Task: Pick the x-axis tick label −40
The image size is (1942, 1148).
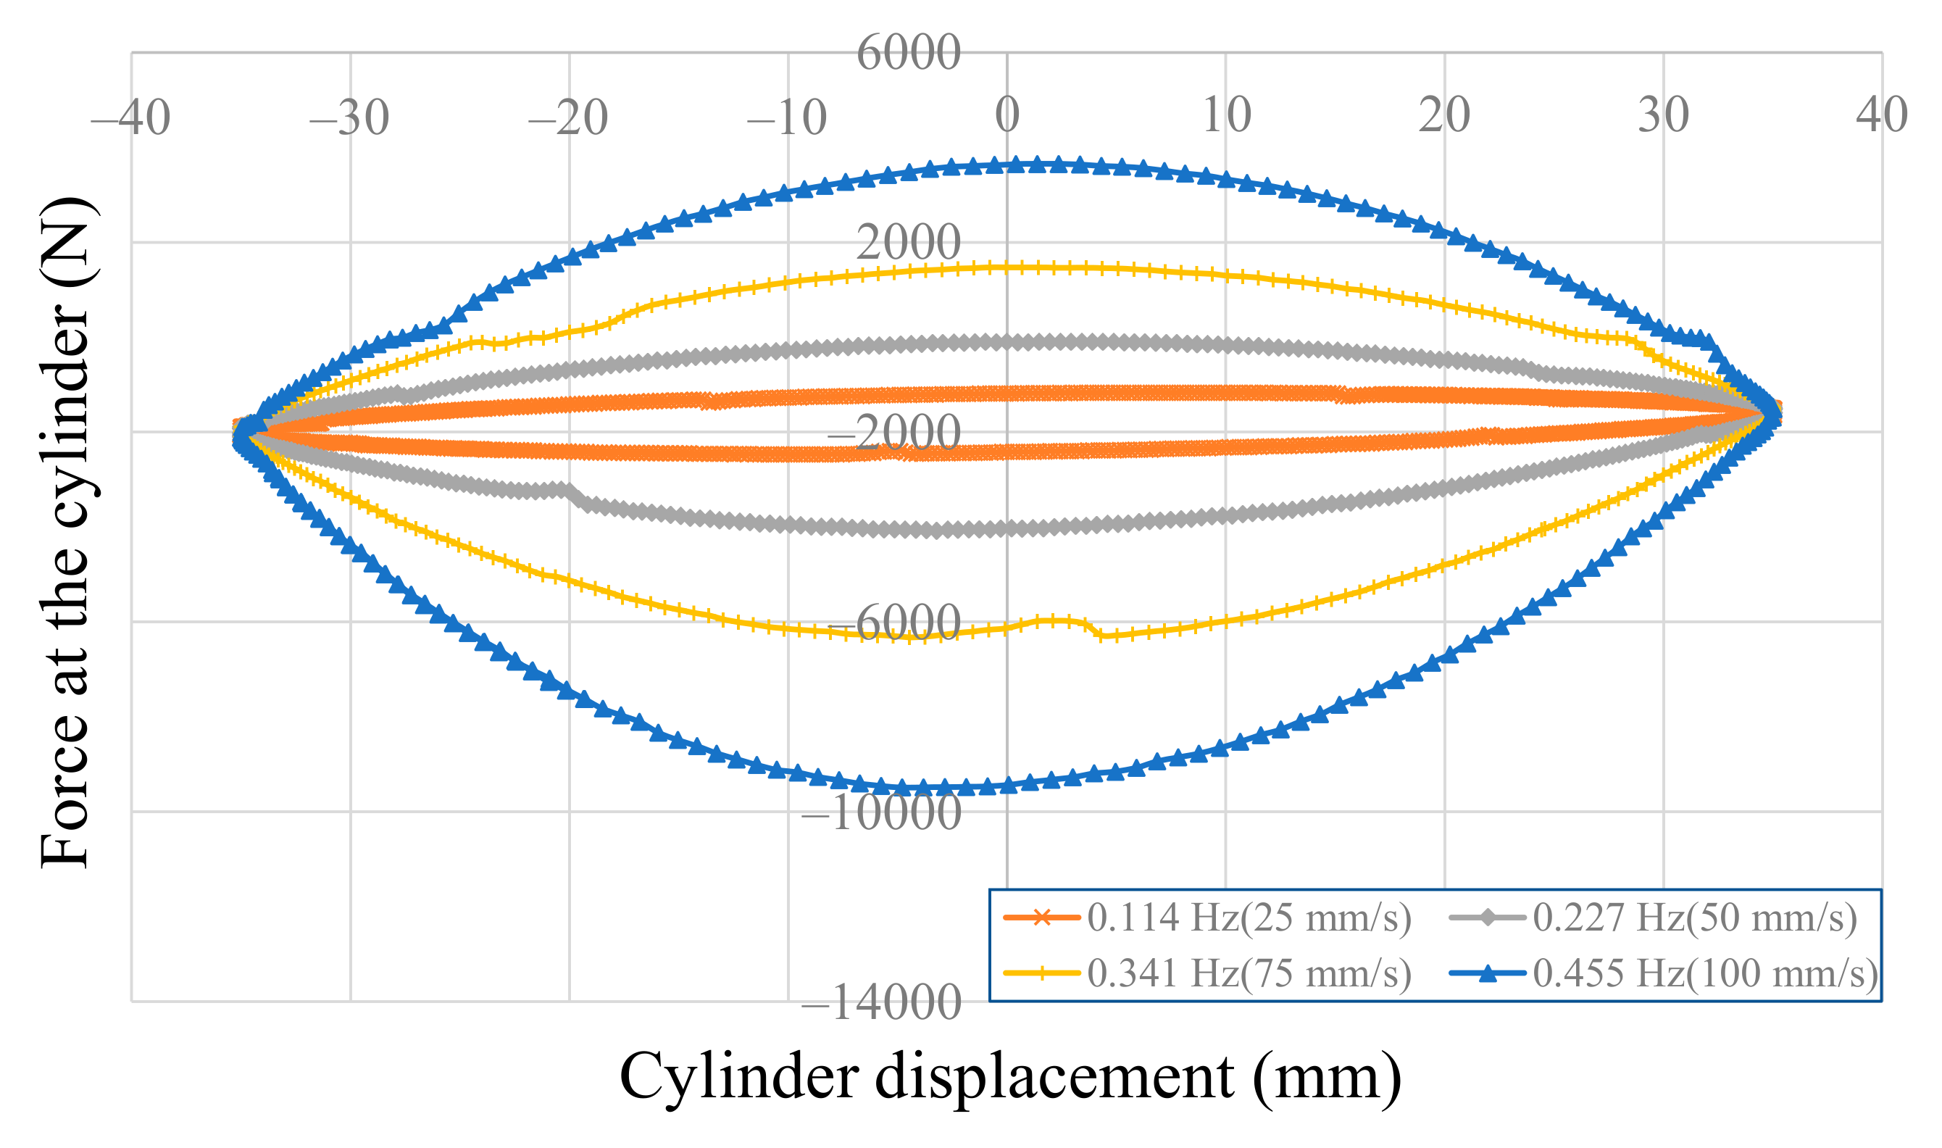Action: pos(130,117)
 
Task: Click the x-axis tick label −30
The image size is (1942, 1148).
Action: pos(349,117)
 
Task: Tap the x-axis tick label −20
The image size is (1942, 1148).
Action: pos(567,117)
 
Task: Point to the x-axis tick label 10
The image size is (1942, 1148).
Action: pos(1226,115)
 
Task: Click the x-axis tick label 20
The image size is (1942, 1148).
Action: pos(1444,115)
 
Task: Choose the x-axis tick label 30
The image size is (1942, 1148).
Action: pos(1663,115)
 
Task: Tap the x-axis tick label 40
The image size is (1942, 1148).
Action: pos(1881,115)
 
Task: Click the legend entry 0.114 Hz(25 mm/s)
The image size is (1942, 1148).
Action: pos(1249,918)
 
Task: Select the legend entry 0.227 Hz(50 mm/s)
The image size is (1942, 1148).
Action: pos(1694,918)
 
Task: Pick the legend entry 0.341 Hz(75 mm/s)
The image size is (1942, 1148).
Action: pos(1249,974)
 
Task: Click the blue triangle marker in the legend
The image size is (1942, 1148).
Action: pos(1486,974)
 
